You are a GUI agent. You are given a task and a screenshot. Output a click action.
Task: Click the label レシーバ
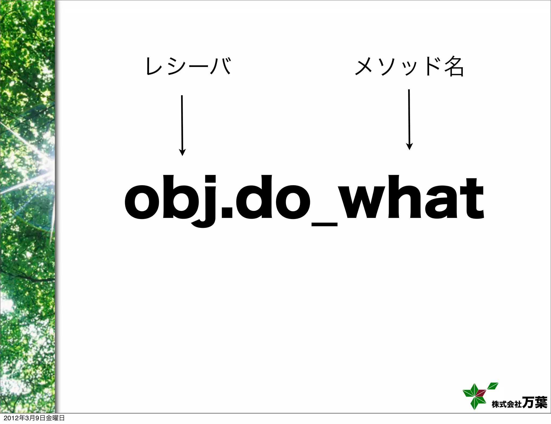point(188,66)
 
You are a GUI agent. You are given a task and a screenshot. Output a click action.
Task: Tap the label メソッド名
point(409,66)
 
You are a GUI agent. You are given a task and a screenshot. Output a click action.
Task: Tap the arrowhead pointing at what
point(409,146)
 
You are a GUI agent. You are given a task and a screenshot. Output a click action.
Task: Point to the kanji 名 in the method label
point(454,66)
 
